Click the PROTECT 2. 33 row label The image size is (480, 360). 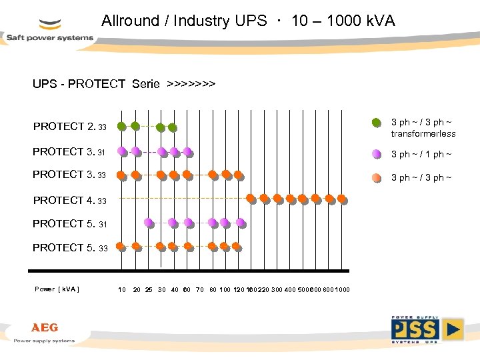(x=69, y=127)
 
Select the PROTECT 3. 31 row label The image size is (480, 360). (x=69, y=152)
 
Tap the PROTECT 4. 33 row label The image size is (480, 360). (x=69, y=200)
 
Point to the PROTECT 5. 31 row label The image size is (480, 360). (x=69, y=224)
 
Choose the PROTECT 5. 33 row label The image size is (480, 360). (x=69, y=248)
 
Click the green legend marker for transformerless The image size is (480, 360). (x=377, y=122)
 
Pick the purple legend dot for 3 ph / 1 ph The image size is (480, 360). (x=377, y=154)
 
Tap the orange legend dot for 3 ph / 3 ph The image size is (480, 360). (x=377, y=177)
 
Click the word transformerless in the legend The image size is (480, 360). (x=423, y=133)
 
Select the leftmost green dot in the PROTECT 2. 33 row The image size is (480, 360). (x=121, y=126)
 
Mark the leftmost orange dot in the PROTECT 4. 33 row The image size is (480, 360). (x=251, y=198)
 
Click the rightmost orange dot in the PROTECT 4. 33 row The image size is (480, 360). (x=342, y=198)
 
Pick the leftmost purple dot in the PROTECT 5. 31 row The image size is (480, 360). (x=147, y=223)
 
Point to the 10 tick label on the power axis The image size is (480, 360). (x=122, y=289)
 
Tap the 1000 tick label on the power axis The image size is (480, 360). (x=342, y=289)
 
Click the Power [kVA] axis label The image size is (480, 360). (x=57, y=289)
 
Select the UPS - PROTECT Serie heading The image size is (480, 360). (x=124, y=84)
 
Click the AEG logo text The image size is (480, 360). (x=45, y=328)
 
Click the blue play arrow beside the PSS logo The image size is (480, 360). (x=453, y=329)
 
